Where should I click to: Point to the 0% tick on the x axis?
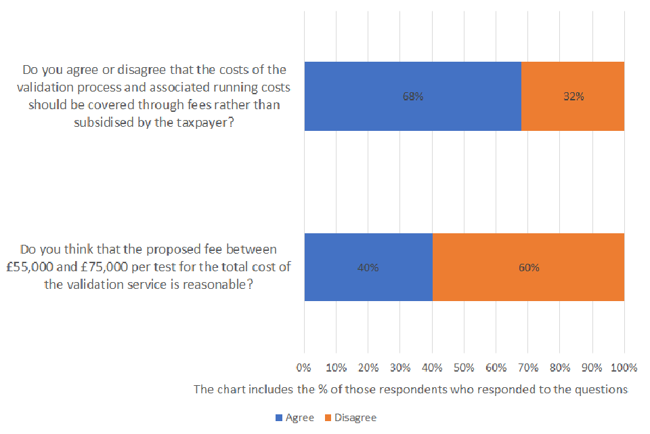(304, 368)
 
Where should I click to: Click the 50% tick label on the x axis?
(464, 368)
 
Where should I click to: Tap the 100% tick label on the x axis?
(624, 368)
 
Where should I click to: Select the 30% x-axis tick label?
(400, 368)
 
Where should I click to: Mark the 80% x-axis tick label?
(560, 368)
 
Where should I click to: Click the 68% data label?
(412, 96)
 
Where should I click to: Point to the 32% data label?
(573, 96)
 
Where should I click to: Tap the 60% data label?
(529, 267)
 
